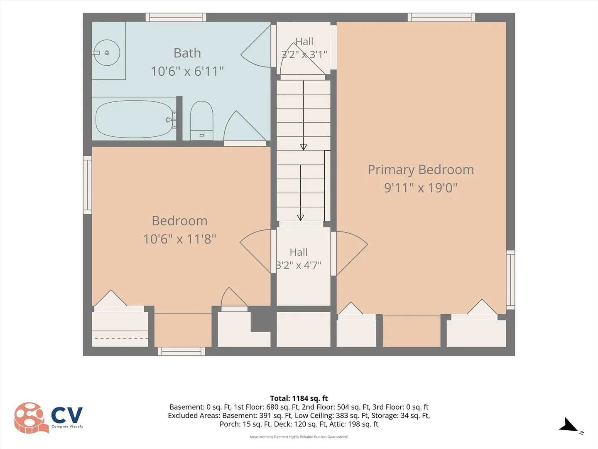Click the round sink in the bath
[x=107, y=53]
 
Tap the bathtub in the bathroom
[x=135, y=119]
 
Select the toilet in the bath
[x=201, y=121]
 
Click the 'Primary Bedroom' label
[x=421, y=170]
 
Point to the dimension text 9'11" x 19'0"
[x=421, y=188]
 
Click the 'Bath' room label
[x=187, y=53]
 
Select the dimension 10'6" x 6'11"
[x=187, y=72]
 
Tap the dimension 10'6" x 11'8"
[x=179, y=239]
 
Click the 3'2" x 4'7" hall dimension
[x=299, y=265]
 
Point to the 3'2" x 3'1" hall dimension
[x=304, y=54]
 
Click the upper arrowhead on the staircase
[x=304, y=147]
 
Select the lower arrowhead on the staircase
[x=301, y=217]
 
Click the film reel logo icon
[x=29, y=418]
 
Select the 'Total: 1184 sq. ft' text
[x=299, y=398]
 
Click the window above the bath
[x=176, y=17]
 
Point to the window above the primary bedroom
[x=441, y=17]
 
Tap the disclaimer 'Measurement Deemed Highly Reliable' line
[x=299, y=437]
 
